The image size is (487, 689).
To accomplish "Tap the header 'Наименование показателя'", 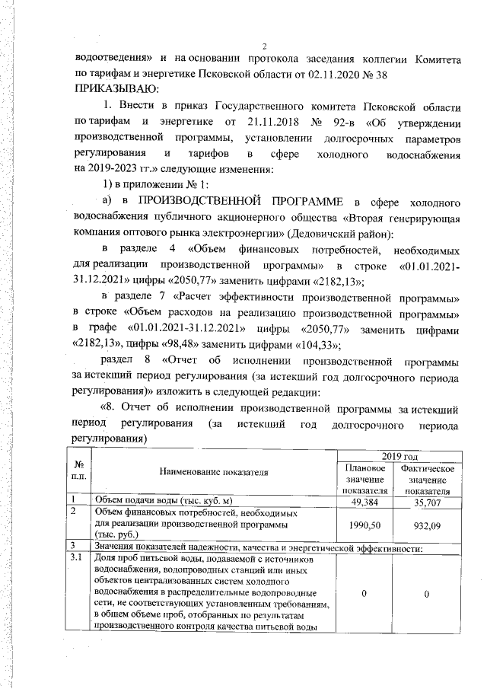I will tap(213, 472).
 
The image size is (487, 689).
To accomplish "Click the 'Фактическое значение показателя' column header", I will tap(426, 480).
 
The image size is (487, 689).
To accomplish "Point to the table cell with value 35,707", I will tap(426, 502).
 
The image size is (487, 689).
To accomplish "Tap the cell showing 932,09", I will tap(426, 525).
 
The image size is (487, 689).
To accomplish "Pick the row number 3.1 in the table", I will tap(76, 559).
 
